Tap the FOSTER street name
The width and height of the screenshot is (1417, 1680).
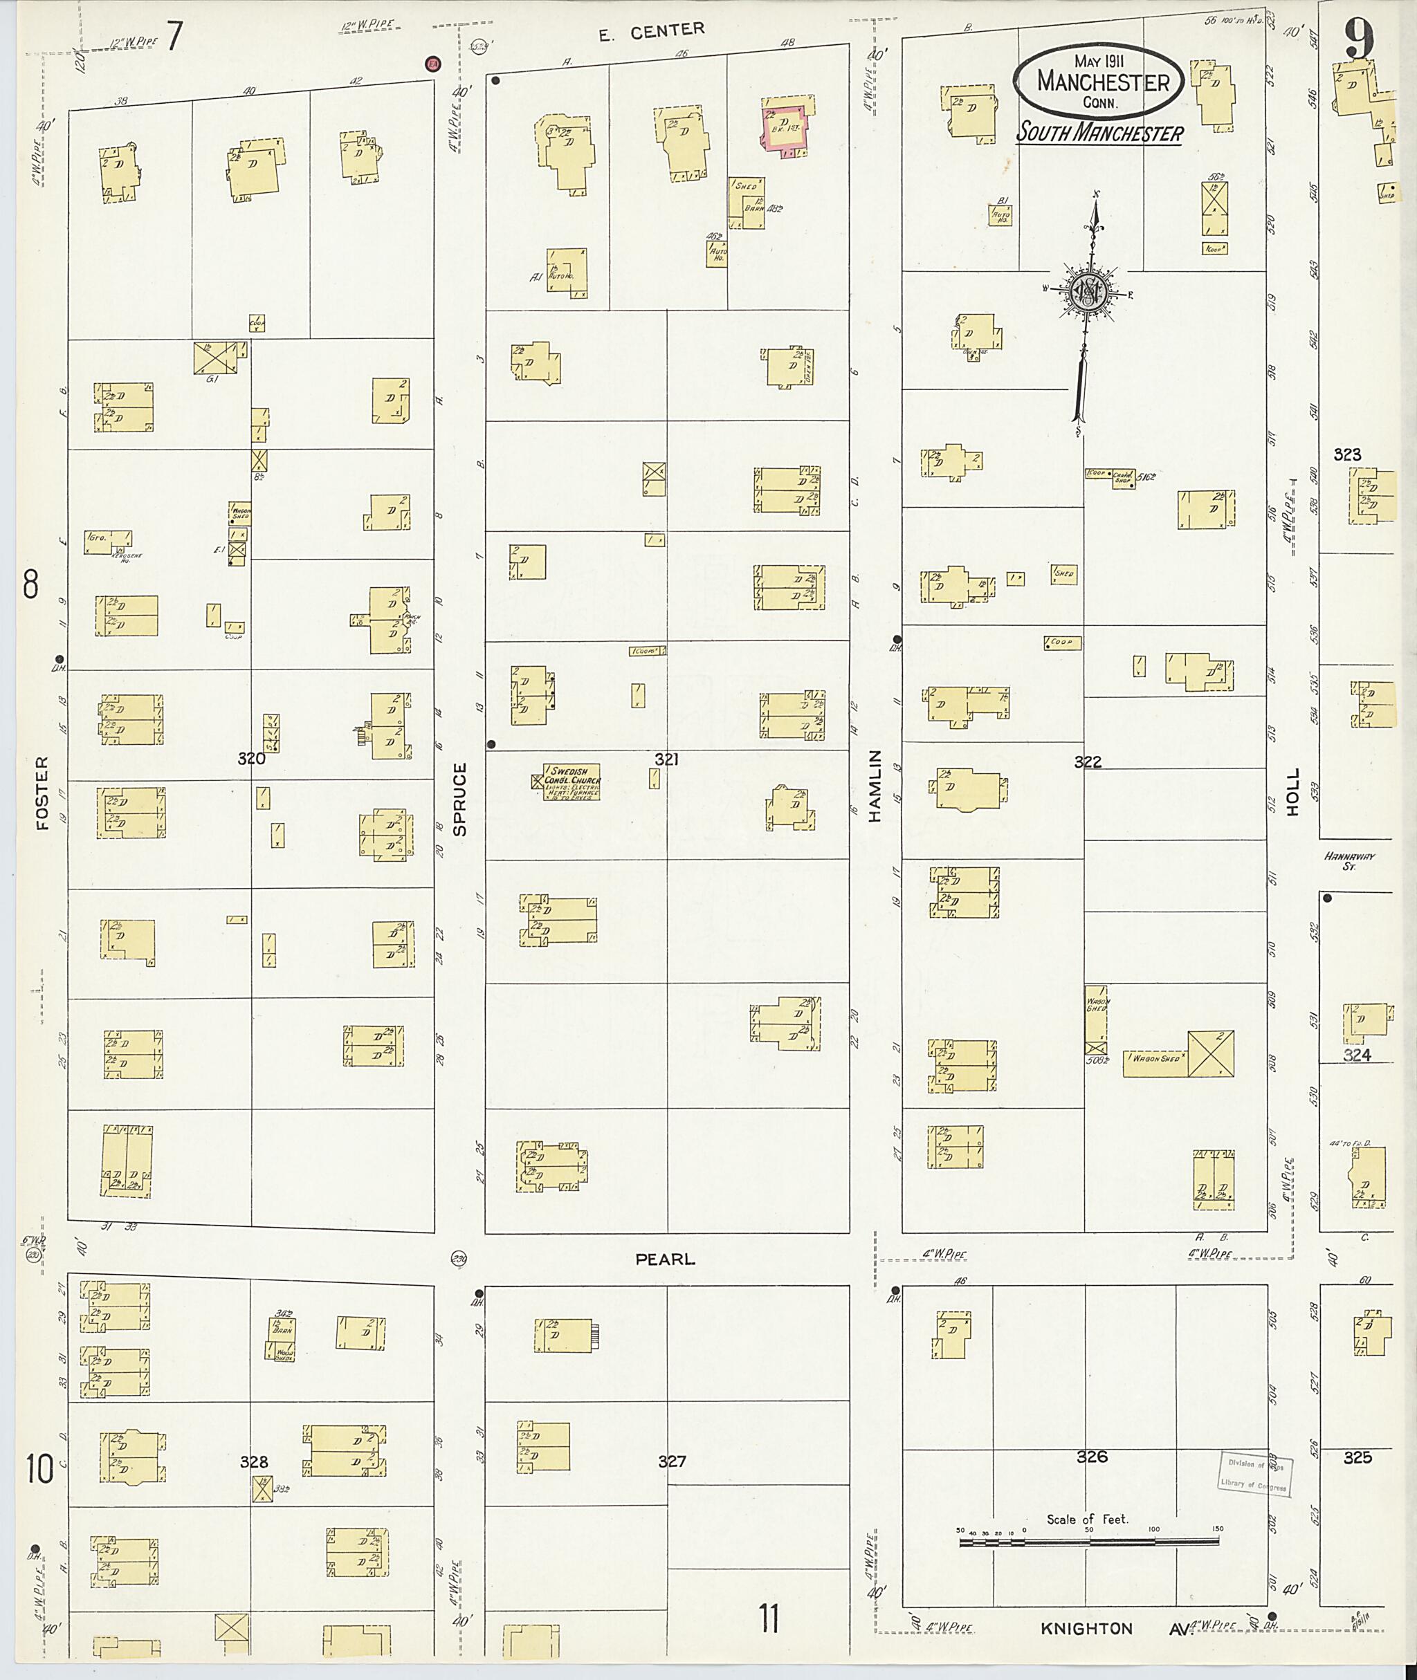[42, 792]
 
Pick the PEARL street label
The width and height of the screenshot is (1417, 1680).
[665, 1259]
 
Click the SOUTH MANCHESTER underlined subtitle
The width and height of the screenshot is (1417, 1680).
[1099, 133]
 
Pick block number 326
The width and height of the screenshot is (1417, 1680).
[1092, 1456]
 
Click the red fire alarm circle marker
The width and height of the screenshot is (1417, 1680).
[433, 64]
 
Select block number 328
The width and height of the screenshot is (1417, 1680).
[254, 1461]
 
